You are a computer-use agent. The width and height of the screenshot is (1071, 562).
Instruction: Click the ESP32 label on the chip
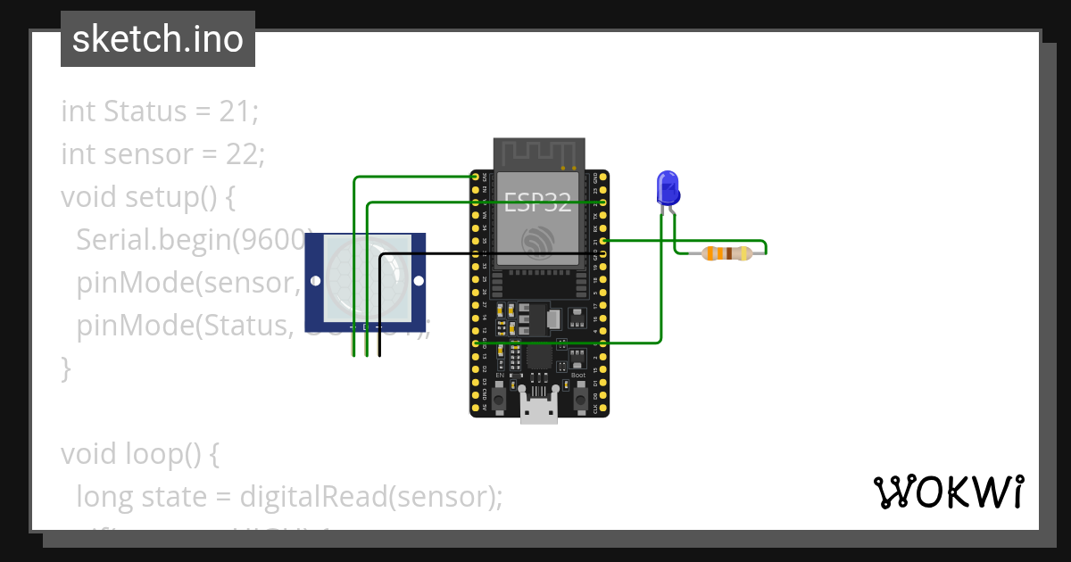coord(537,203)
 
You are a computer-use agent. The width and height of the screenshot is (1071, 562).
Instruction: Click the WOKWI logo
coord(948,492)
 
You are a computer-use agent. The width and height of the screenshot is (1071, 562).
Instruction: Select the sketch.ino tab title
coord(158,39)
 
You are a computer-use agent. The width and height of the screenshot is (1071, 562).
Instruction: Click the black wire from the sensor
coord(381,303)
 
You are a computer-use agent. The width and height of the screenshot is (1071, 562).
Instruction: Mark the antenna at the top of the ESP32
coord(539,153)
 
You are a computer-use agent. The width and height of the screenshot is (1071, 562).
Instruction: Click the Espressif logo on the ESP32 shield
coord(539,241)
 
